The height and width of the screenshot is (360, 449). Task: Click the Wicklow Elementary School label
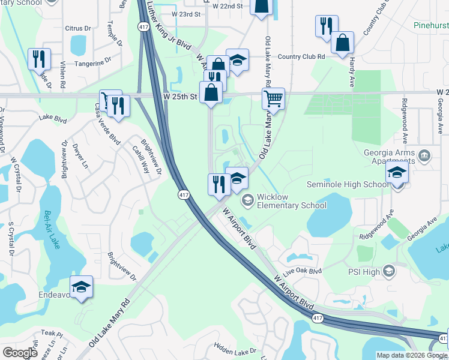pos(291,200)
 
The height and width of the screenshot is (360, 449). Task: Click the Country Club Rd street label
pos(301,56)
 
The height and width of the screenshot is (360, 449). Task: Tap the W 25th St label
pos(179,96)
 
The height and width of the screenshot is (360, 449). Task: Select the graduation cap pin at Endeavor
pos(82,287)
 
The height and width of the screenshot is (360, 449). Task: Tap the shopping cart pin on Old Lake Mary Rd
pos(273,98)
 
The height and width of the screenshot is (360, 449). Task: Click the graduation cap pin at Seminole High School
pos(397,174)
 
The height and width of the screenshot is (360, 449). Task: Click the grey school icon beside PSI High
pos(389,272)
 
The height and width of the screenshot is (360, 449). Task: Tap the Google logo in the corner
pos(20,353)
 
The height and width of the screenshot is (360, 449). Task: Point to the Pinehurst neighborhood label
pos(431,26)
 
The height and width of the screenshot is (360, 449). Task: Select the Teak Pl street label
pos(52,333)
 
